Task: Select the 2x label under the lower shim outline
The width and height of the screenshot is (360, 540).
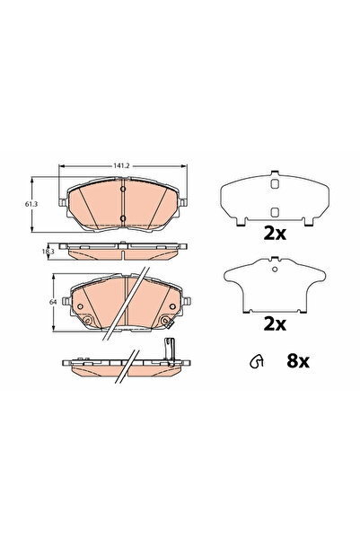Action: coord(273,321)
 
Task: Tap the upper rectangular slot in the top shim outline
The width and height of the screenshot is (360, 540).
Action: coord(273,185)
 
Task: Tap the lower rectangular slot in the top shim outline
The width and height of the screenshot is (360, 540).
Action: coord(273,211)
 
